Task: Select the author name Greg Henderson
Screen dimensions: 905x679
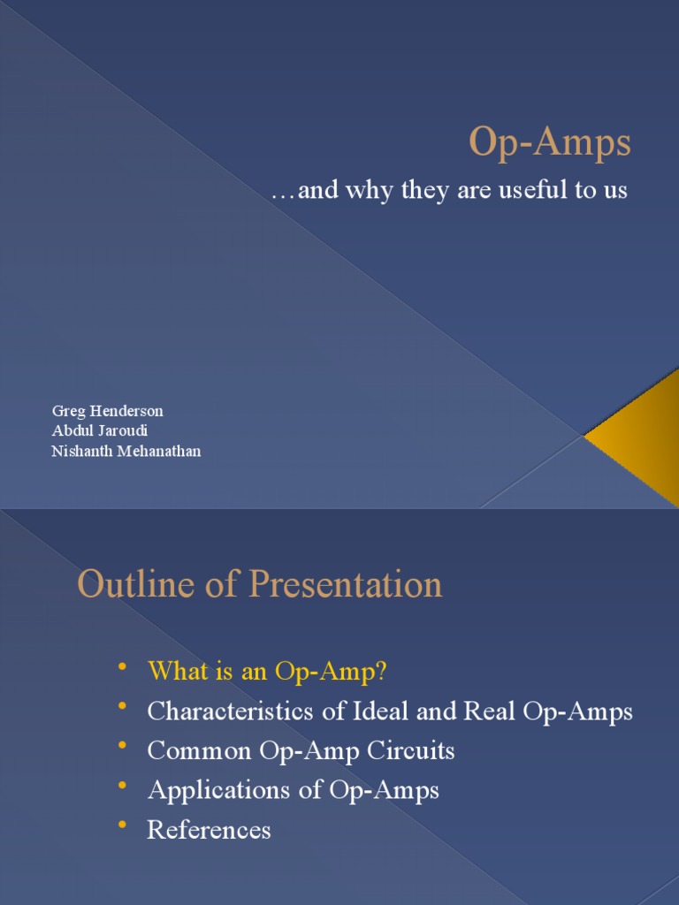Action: pyautogui.click(x=107, y=411)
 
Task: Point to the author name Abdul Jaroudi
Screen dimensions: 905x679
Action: pyautogui.click(x=99, y=431)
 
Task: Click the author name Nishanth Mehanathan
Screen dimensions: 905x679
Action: pyautogui.click(x=126, y=451)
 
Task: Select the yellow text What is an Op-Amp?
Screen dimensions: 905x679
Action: pyautogui.click(x=267, y=671)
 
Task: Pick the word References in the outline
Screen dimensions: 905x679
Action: pyautogui.click(x=209, y=830)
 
